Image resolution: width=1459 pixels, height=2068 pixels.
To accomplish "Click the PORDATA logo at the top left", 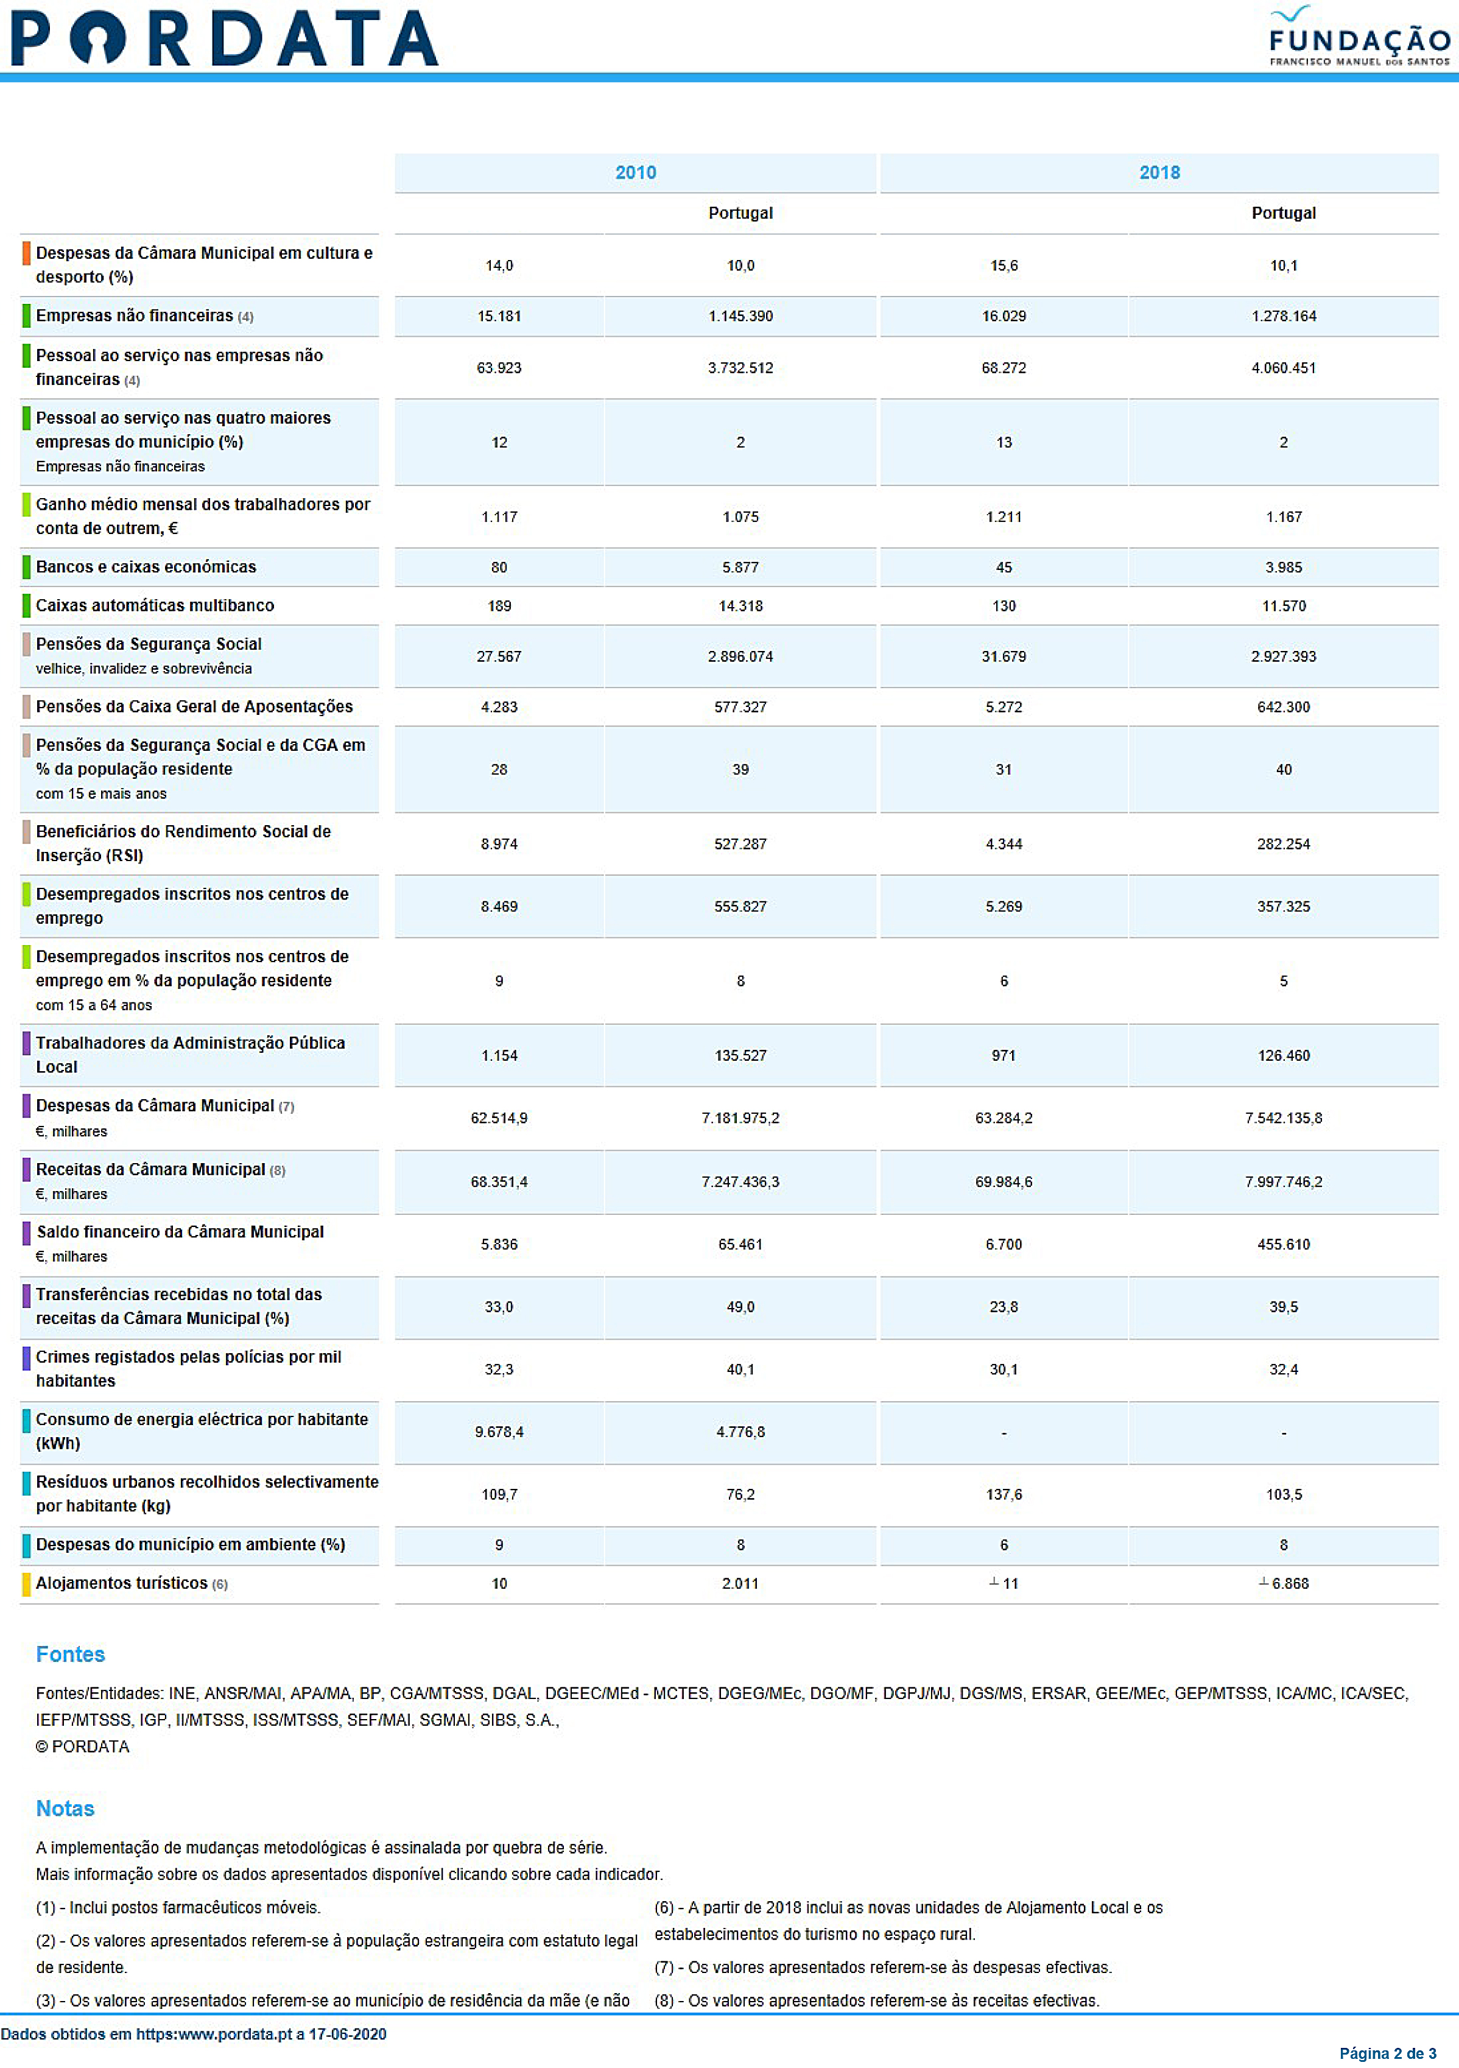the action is (224, 38).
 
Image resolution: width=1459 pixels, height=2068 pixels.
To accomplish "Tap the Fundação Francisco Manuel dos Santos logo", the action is (1359, 36).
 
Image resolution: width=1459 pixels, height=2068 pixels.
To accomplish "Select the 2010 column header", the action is (635, 173).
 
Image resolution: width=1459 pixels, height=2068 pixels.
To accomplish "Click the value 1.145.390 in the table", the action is (740, 316).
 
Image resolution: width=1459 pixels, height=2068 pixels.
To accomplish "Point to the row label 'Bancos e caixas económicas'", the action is (146, 566).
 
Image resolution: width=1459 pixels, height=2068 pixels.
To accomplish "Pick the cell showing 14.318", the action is (740, 606).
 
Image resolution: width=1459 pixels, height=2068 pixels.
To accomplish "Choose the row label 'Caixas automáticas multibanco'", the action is (155, 605).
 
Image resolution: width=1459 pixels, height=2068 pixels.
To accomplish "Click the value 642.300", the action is (1284, 707).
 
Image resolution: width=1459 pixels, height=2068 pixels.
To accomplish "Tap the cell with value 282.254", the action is (1284, 844).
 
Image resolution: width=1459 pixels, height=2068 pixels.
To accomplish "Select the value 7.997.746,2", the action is (1284, 1182).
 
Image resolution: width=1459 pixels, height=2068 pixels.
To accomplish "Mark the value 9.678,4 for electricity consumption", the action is (499, 1432).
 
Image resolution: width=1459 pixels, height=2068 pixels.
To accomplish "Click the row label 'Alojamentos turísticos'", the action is (122, 1583).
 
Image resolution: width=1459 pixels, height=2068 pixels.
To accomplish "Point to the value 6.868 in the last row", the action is (1290, 1583).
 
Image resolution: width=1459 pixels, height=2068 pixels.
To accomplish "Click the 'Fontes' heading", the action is (70, 1655).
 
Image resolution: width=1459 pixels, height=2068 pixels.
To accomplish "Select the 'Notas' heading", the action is (65, 1809).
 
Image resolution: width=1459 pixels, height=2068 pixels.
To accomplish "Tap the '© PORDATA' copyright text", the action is (83, 1746).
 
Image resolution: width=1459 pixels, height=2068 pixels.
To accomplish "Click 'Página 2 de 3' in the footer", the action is (1388, 2053).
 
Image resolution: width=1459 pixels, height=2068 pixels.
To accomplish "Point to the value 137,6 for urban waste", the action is (1004, 1494).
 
